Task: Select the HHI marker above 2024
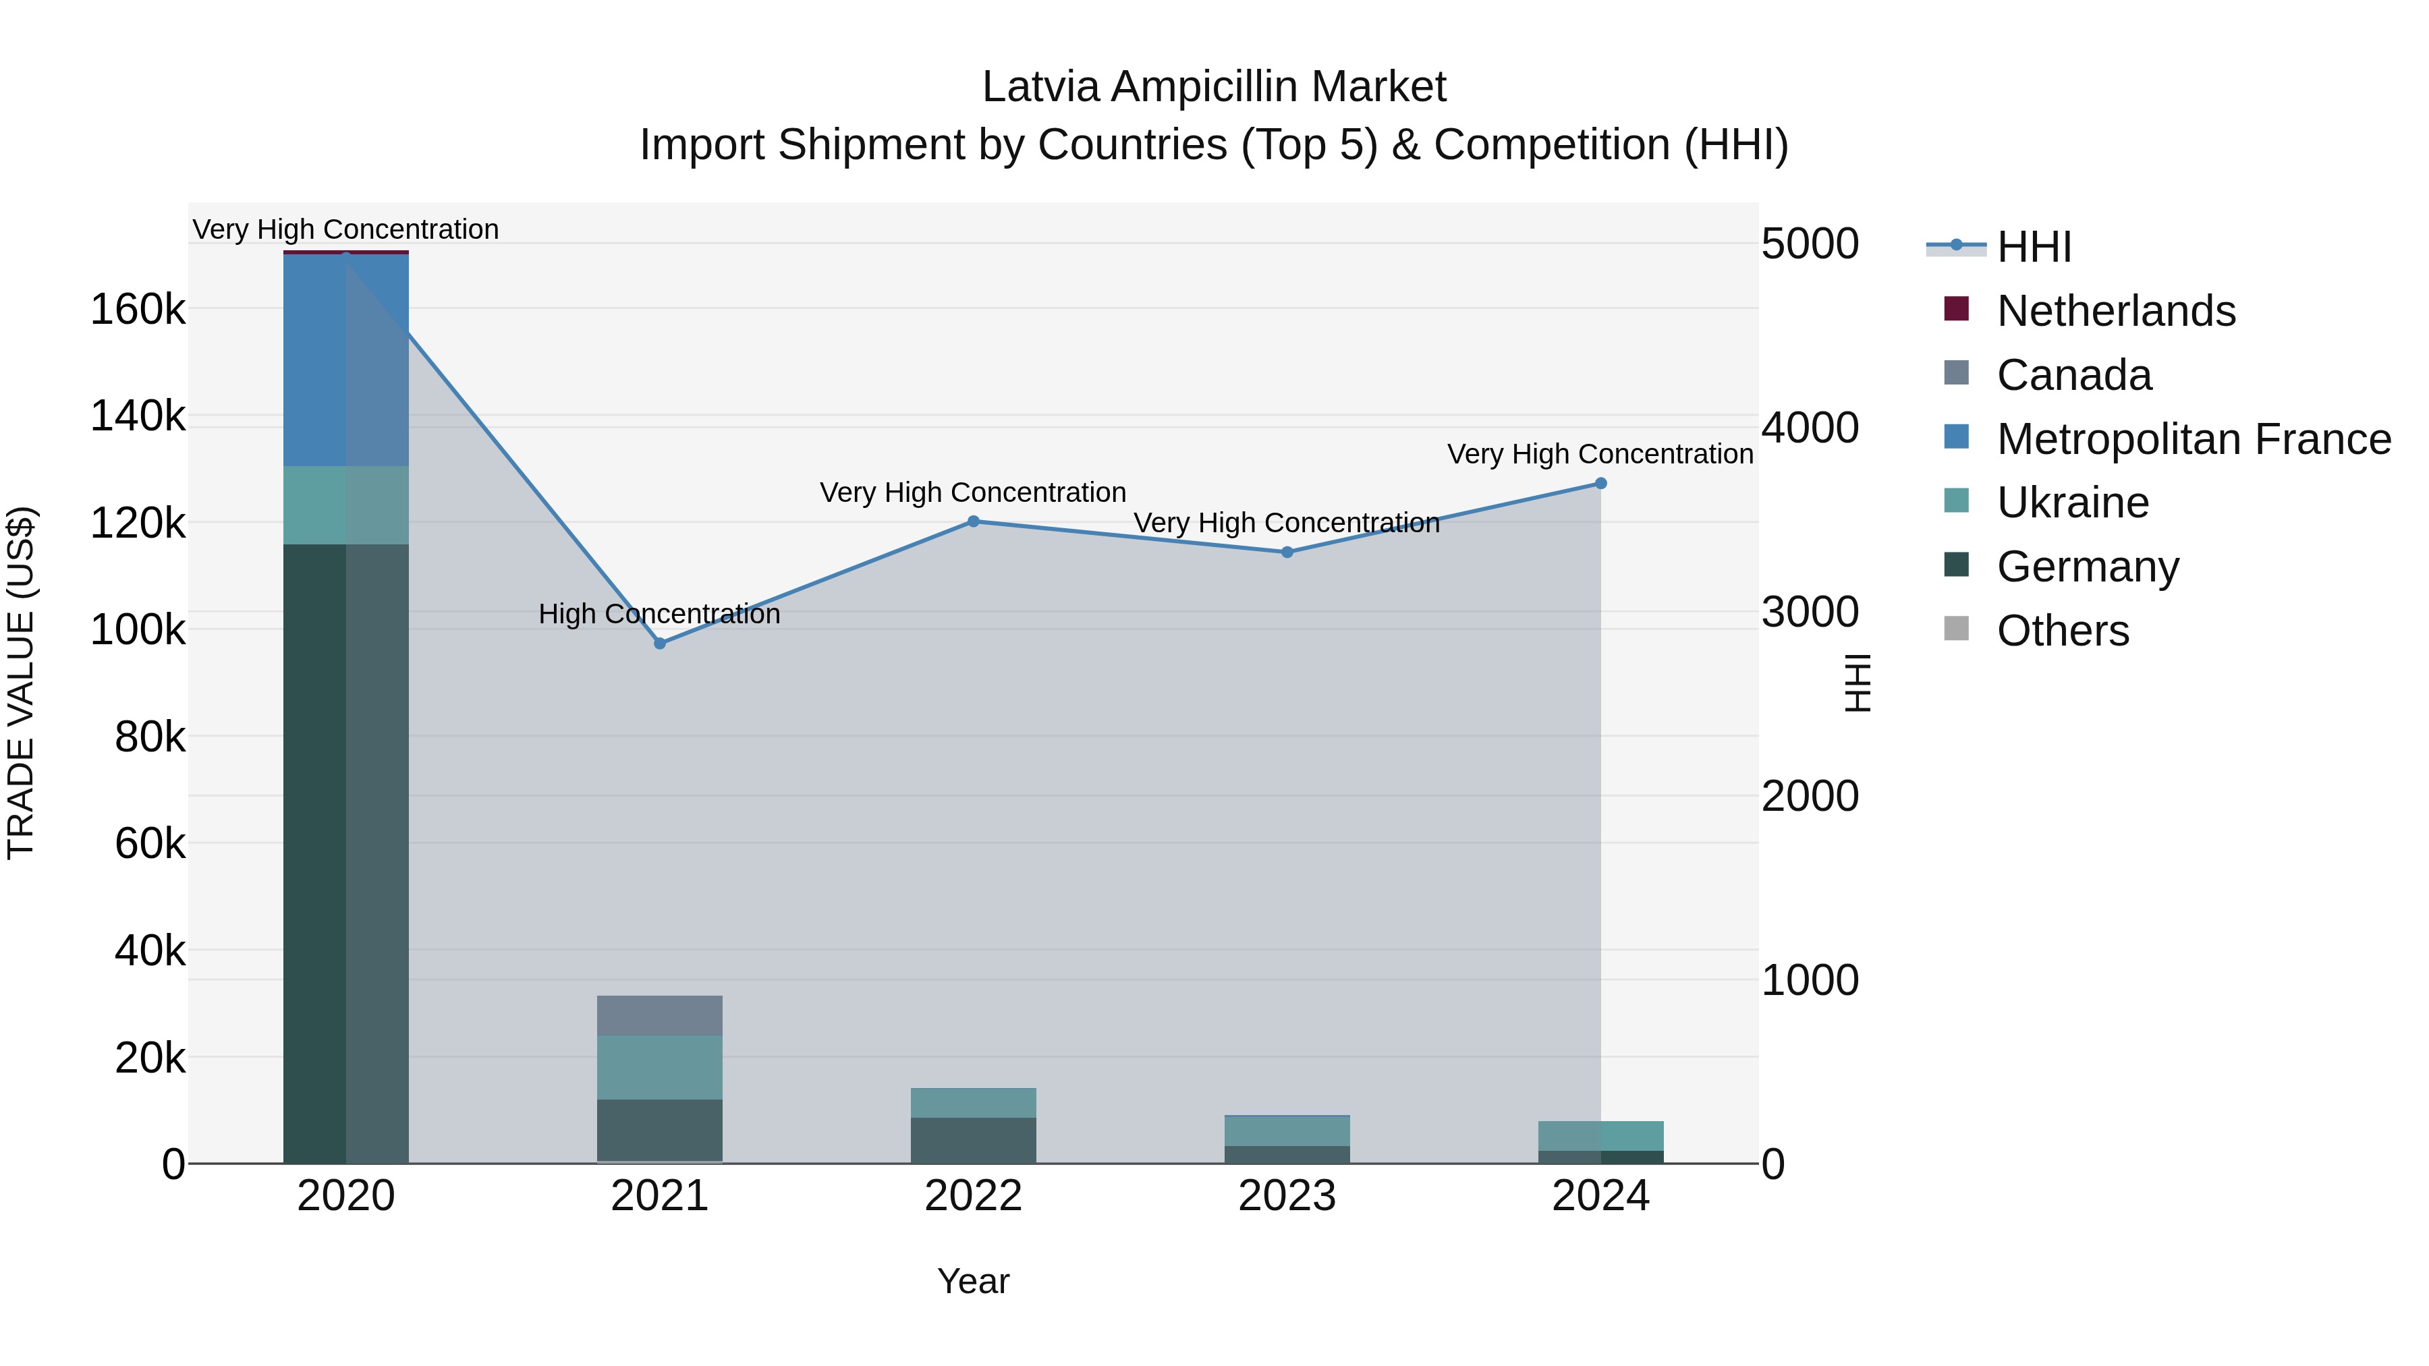(x=1601, y=484)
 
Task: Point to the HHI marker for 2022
(x=974, y=521)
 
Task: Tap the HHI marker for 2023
(x=1287, y=552)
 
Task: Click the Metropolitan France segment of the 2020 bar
(x=346, y=360)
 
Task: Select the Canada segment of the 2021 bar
(x=660, y=1015)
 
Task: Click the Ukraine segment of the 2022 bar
(x=974, y=1103)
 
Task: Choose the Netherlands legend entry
(x=2115, y=311)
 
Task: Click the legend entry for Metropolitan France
(x=2194, y=439)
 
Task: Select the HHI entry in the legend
(x=2034, y=247)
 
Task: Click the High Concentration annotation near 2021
(x=659, y=615)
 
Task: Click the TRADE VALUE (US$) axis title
(x=22, y=683)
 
